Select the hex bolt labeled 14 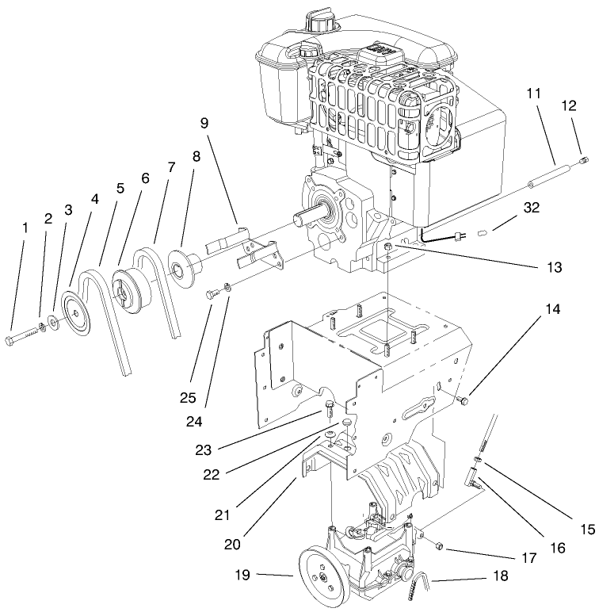click(464, 402)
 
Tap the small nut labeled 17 click(441, 545)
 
